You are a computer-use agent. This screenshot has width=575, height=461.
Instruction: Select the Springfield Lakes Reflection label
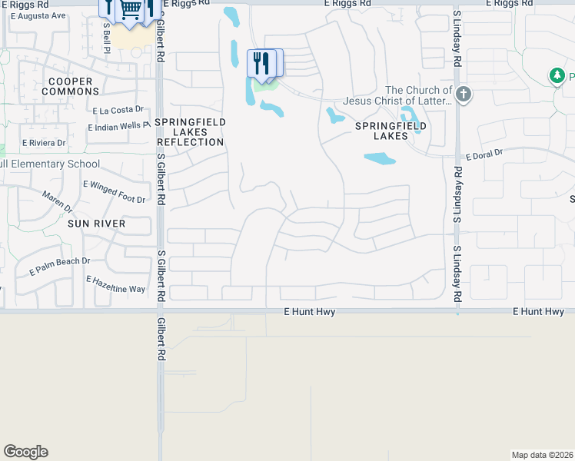pos(190,132)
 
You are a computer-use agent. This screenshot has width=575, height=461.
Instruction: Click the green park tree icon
pos(557,75)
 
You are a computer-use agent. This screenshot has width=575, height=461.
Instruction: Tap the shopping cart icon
pos(131,10)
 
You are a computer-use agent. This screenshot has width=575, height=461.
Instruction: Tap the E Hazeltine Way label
pos(116,284)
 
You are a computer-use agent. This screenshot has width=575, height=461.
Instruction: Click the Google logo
pos(25,452)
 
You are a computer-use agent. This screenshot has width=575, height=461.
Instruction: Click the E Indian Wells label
pos(118,127)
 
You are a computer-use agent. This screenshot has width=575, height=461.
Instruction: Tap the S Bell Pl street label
pos(107,34)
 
